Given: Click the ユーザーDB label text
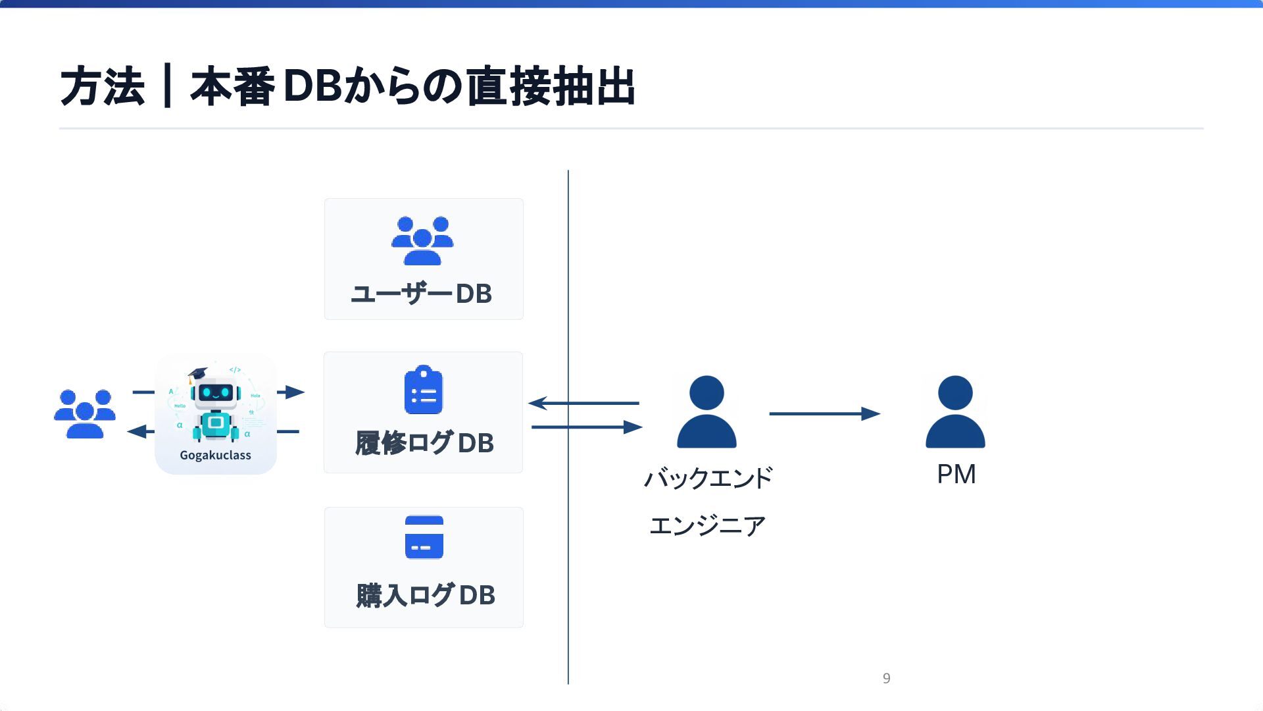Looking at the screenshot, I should coord(422,294).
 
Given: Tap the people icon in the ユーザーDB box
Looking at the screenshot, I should coord(422,240).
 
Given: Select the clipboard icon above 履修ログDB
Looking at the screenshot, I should coord(424,390).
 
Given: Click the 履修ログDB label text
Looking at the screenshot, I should coord(424,443).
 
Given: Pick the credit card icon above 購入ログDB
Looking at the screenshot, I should coord(424,537).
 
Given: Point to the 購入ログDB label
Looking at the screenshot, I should coord(426,595).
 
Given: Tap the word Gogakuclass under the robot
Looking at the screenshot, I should coord(216,455).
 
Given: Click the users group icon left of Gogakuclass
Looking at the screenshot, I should coord(85,413).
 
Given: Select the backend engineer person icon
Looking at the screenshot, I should coord(706,413).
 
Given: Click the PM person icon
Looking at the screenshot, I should coord(955,413).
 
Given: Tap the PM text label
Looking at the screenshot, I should coord(956,474).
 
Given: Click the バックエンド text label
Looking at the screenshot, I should coord(708,478).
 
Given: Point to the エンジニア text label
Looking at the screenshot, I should coord(708,525).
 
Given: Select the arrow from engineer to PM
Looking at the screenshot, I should coord(824,413).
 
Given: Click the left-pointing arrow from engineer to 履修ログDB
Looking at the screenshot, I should coord(583,403).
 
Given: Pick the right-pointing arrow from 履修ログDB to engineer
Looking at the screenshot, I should coord(586,427).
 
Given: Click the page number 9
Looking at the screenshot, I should coord(887,678).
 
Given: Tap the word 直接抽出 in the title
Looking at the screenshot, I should coord(551,86).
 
